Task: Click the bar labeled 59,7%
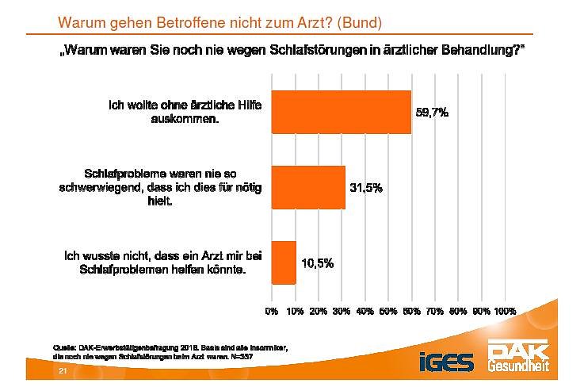341,112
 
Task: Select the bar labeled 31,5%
308,187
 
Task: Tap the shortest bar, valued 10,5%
284,262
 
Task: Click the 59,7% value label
433,113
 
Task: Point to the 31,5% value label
367,188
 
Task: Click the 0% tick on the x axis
272,312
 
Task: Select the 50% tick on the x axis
388,312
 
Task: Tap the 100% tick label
505,312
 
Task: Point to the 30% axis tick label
342,312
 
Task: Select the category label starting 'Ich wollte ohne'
186,112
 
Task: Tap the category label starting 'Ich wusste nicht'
163,262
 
